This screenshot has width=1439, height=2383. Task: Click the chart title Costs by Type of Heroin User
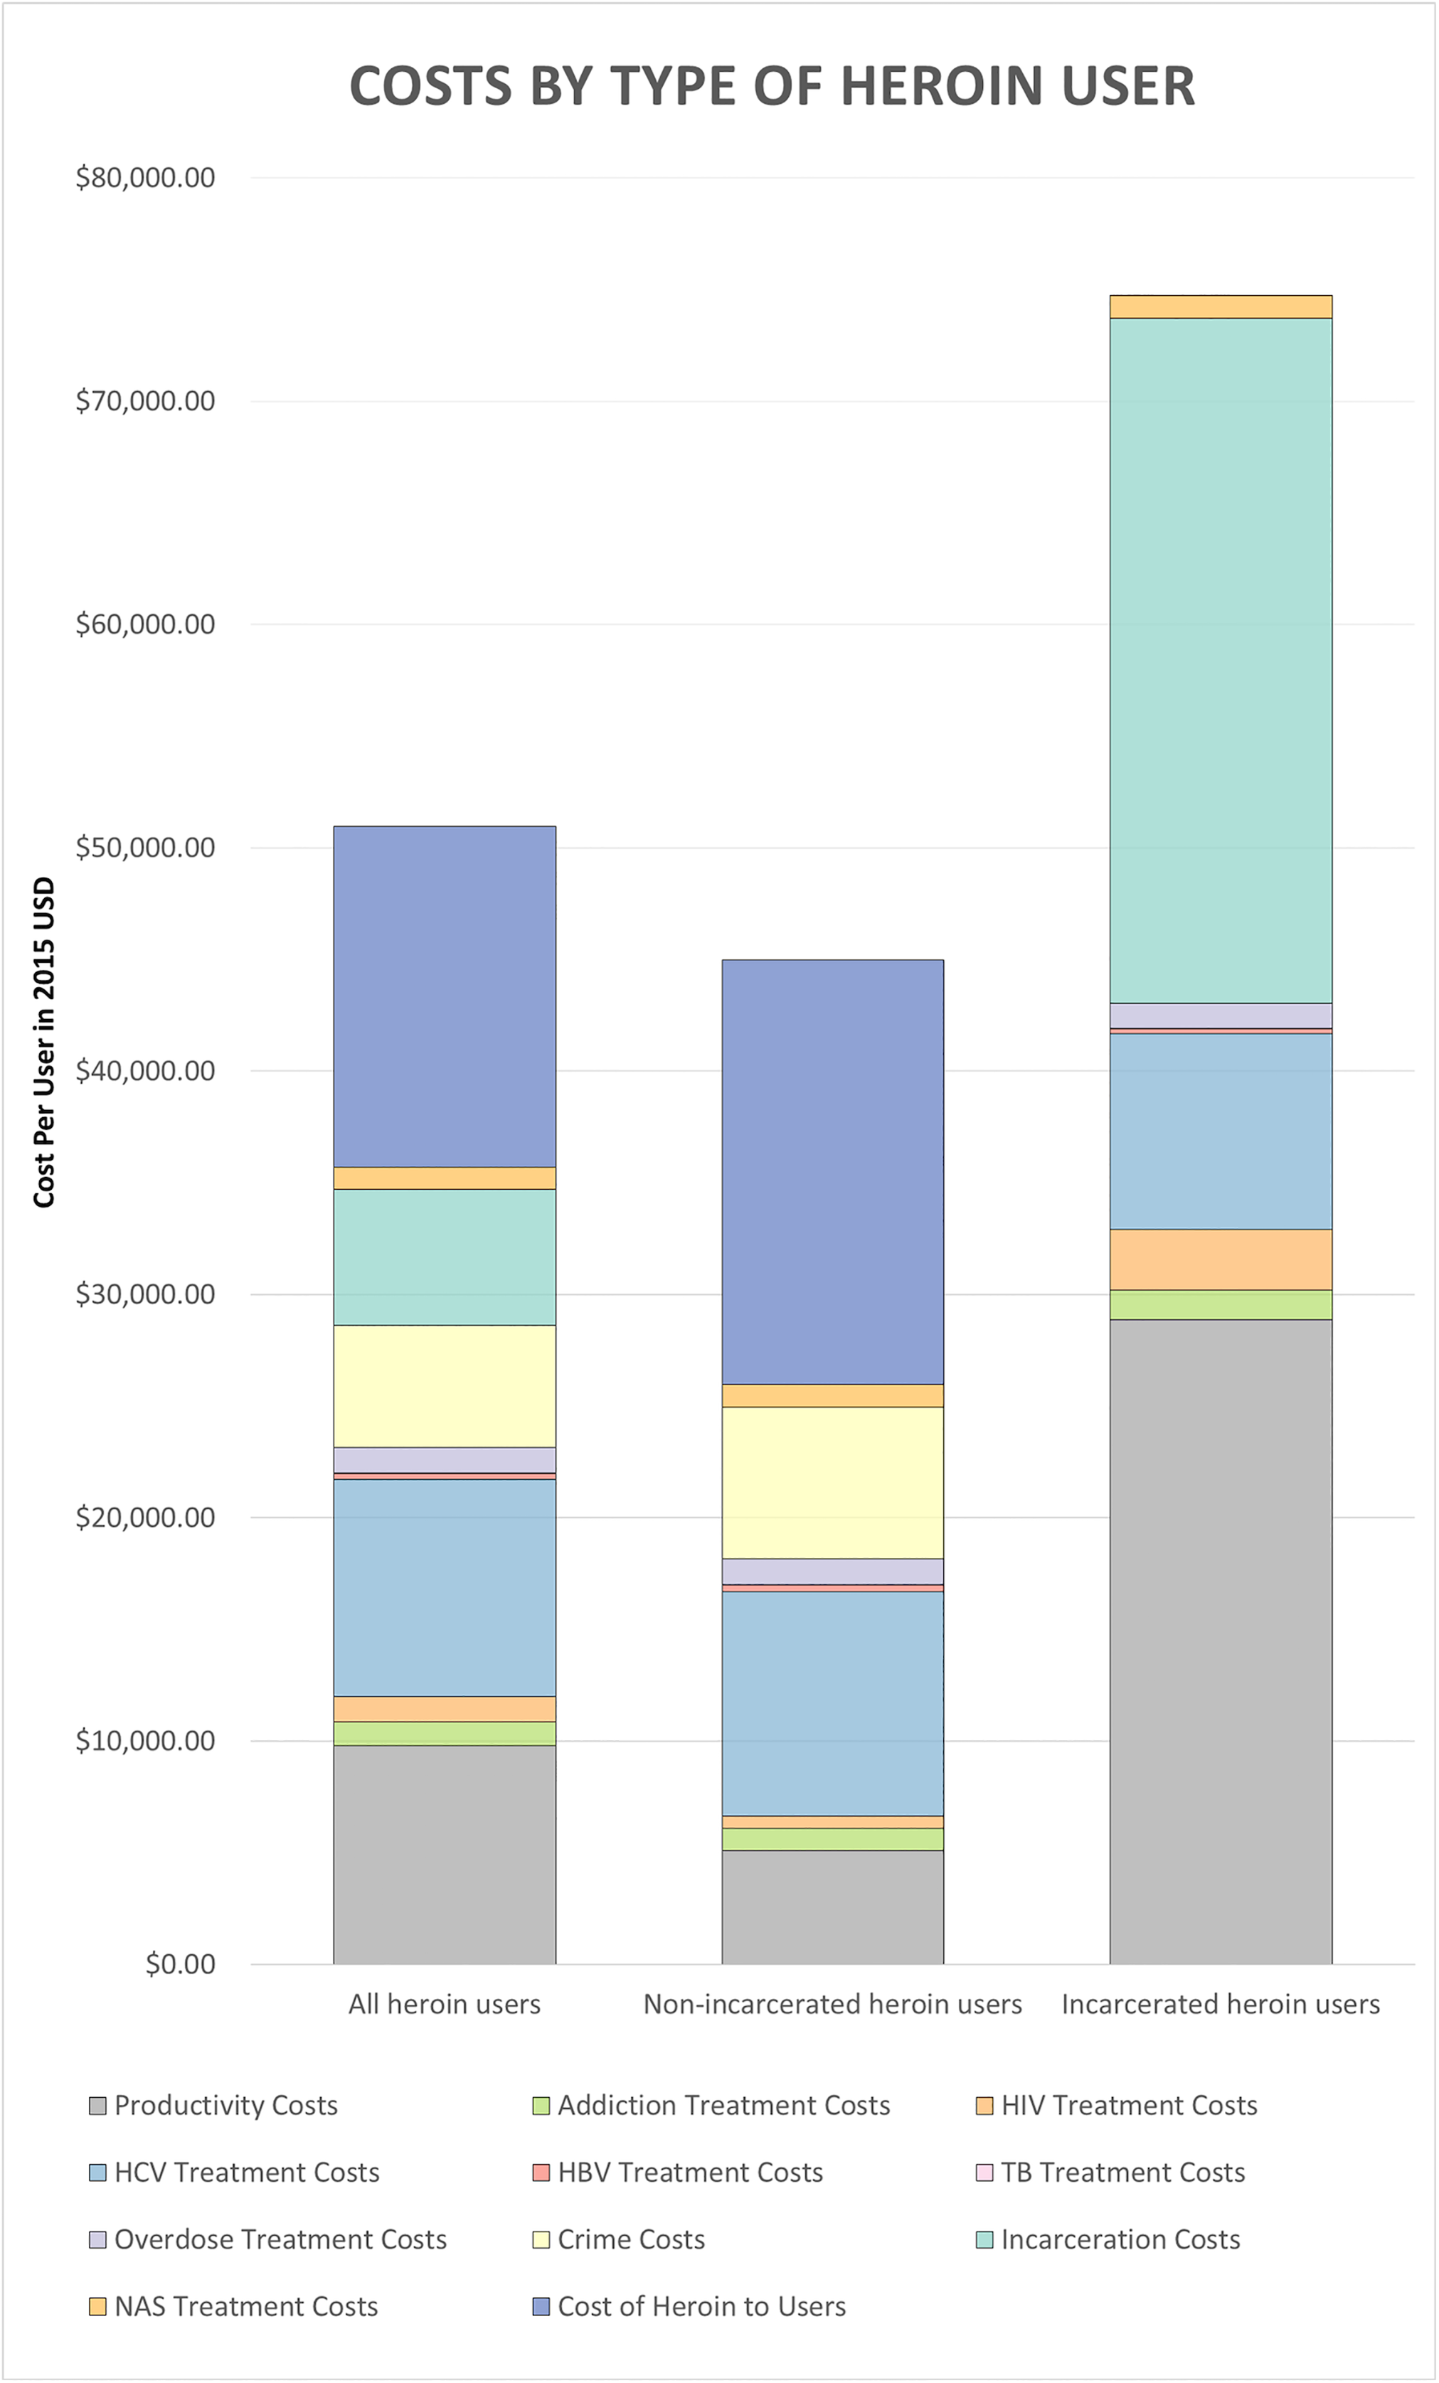click(x=772, y=86)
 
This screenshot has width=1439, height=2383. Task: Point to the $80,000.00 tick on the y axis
click(x=145, y=178)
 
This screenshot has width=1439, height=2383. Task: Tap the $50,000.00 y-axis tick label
click(x=145, y=847)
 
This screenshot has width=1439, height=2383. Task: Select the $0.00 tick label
click(x=180, y=1964)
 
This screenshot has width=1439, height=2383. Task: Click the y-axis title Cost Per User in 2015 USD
click(x=43, y=1042)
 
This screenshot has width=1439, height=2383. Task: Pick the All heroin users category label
click(x=444, y=2004)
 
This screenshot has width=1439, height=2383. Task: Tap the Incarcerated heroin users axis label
click(x=1221, y=2004)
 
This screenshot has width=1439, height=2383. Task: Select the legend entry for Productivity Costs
click(x=213, y=2106)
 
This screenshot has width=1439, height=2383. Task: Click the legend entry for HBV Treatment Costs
click(x=677, y=2173)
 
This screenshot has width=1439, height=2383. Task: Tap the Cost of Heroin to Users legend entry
click(x=689, y=2307)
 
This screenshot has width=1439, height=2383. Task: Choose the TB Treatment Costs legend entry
click(x=1110, y=2173)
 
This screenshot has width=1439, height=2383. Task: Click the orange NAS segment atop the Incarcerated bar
click(x=1221, y=306)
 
